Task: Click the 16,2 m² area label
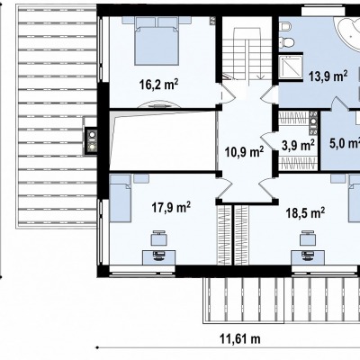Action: tap(158, 85)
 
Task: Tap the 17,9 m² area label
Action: tap(171, 207)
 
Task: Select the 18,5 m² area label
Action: tap(305, 213)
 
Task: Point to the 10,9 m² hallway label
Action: tap(244, 152)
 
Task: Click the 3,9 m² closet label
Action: tap(298, 146)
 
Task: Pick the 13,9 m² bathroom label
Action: tap(328, 76)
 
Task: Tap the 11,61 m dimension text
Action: tap(240, 339)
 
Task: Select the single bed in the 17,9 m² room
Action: tap(121, 198)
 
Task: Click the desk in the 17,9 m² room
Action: tap(158, 257)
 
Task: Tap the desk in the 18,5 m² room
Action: tap(308, 257)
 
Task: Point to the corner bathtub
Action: tap(348, 34)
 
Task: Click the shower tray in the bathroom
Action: tap(291, 67)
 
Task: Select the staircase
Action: tap(247, 54)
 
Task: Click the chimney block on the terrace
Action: tap(91, 141)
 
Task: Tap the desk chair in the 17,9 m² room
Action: tap(159, 238)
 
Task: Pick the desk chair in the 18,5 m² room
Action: tap(309, 238)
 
